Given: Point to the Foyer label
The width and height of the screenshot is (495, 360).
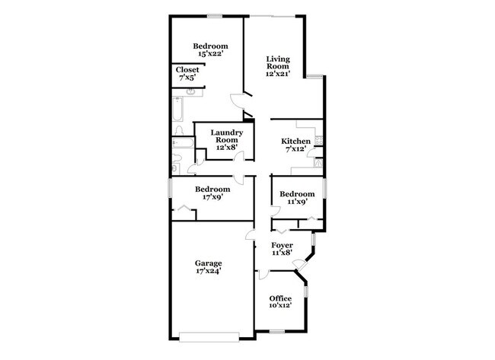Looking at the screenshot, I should point(283,245).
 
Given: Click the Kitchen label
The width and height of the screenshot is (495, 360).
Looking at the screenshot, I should point(295,142).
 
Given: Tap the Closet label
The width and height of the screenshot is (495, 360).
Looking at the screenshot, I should point(187,70).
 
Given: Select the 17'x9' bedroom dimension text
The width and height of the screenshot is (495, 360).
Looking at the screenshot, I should point(212,197).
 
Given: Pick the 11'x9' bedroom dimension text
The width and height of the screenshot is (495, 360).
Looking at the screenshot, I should point(296,202).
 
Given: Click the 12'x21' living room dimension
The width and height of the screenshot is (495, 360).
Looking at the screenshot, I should point(278,74).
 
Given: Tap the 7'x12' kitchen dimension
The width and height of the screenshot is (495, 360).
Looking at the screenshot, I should point(296,149).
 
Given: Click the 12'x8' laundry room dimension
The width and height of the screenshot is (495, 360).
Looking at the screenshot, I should point(226,148).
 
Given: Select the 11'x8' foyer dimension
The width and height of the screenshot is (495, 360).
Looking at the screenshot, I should point(283,253).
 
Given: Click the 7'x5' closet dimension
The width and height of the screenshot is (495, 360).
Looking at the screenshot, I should point(187,78).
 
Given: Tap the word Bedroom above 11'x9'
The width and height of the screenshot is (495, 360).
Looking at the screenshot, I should point(296,194).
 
